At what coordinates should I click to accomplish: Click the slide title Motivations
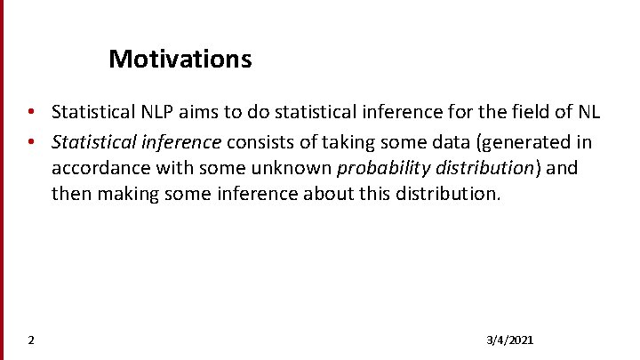[180, 60]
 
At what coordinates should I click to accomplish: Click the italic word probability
[384, 168]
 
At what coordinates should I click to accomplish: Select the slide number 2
[31, 340]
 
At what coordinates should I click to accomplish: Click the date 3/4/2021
[510, 340]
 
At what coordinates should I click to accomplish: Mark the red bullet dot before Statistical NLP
[31, 113]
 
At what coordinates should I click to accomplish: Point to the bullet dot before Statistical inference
[31, 141]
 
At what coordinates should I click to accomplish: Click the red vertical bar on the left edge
[2, 178]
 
